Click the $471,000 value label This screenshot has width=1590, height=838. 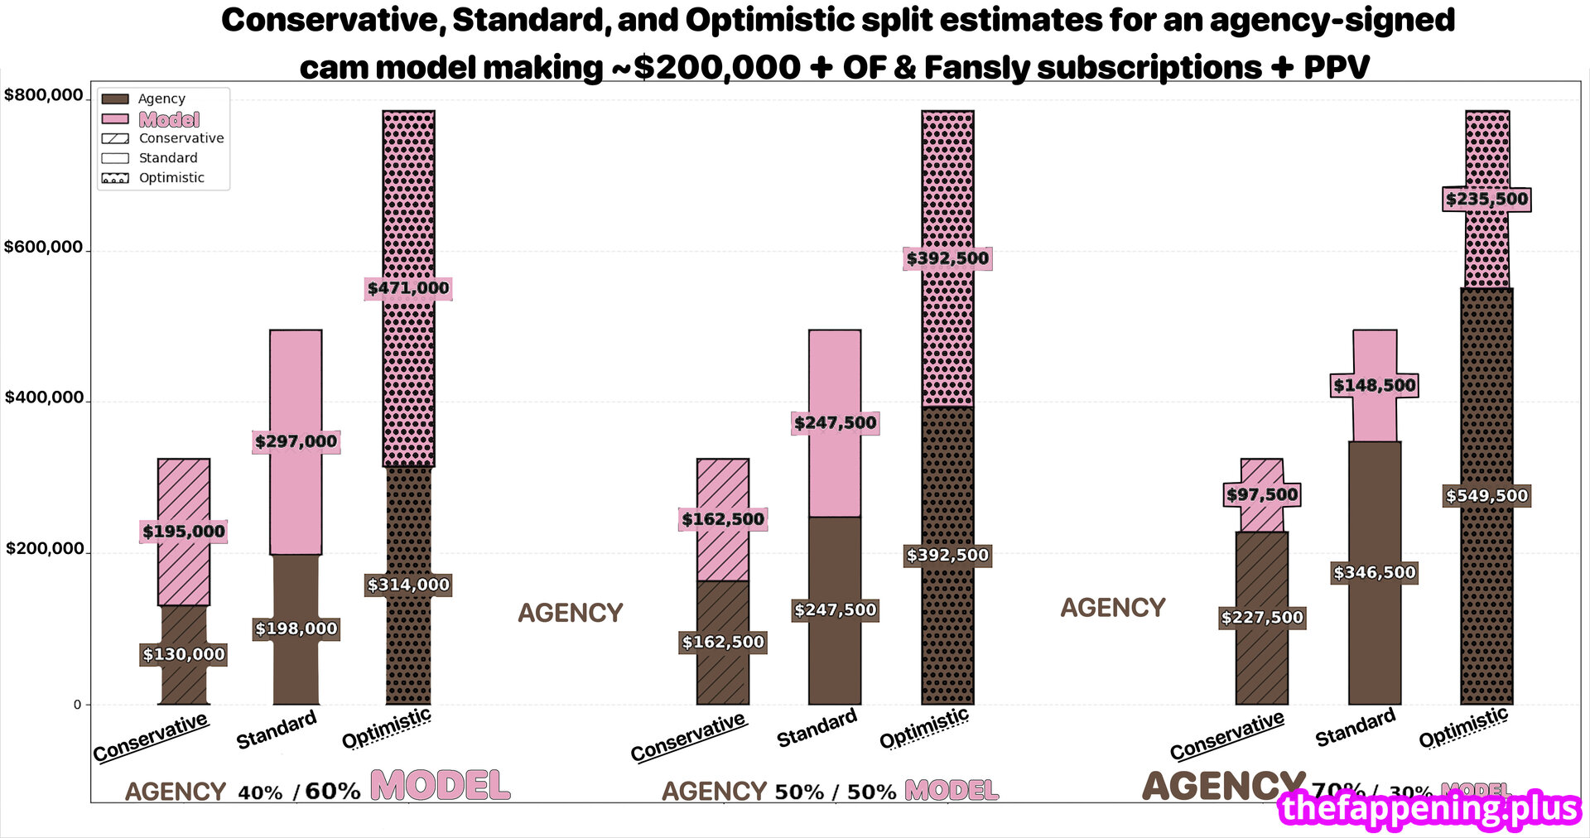(408, 288)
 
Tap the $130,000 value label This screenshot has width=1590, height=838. (184, 654)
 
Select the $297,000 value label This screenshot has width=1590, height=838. (296, 441)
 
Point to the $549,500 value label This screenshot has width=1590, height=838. (1486, 496)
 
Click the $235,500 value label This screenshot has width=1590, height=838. (1486, 199)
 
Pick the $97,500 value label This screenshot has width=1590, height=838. (1262, 494)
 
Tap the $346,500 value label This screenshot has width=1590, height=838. (1375, 572)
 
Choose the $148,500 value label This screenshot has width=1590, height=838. (1375, 385)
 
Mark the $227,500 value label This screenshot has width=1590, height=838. (1262, 617)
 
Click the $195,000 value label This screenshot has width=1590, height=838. (184, 532)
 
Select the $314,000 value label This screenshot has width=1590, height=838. (408, 585)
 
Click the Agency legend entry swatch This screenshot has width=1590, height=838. (115, 99)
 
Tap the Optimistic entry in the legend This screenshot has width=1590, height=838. (171, 178)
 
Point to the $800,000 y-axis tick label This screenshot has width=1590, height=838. (43, 95)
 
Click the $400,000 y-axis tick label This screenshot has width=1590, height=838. (44, 397)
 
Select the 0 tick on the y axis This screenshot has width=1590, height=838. (77, 705)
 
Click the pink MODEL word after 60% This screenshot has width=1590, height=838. (440, 785)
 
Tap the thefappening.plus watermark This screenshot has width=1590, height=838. (1429, 808)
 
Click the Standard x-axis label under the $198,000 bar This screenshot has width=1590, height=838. (277, 729)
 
